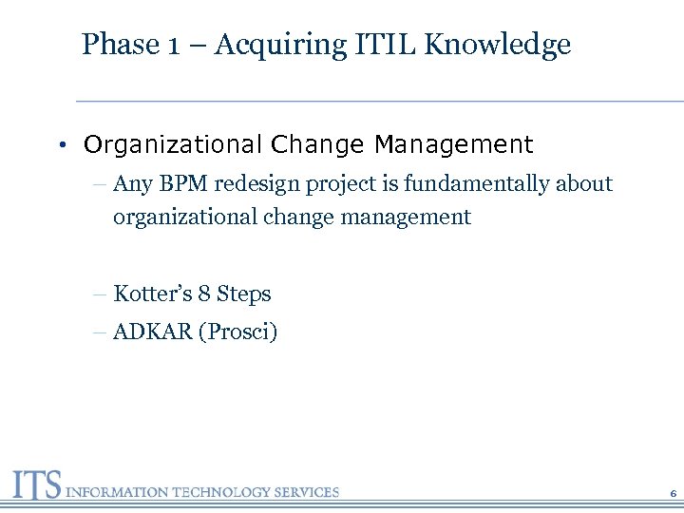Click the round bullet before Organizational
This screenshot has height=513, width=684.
[x=60, y=146]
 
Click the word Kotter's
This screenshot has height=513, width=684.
[x=152, y=294]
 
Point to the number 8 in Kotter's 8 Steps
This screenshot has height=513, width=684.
[x=203, y=294]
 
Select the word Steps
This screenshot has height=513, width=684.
[x=244, y=294]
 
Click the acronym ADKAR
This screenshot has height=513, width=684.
[x=152, y=332]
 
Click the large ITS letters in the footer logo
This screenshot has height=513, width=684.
[x=37, y=484]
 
